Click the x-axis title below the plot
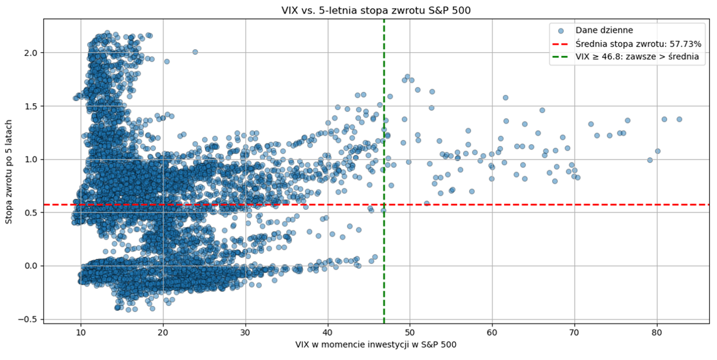pos(375,344)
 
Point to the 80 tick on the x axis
pos(657,332)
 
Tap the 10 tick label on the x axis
pos(81,332)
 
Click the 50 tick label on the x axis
pos(409,332)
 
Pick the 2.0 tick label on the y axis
pos(31,53)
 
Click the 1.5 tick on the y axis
pos(31,106)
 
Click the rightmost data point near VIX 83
pos(679,119)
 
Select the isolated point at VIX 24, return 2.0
pos(195,52)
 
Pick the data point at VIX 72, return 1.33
pos(591,124)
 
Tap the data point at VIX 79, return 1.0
pos(649,160)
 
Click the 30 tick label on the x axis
pos(245,332)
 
